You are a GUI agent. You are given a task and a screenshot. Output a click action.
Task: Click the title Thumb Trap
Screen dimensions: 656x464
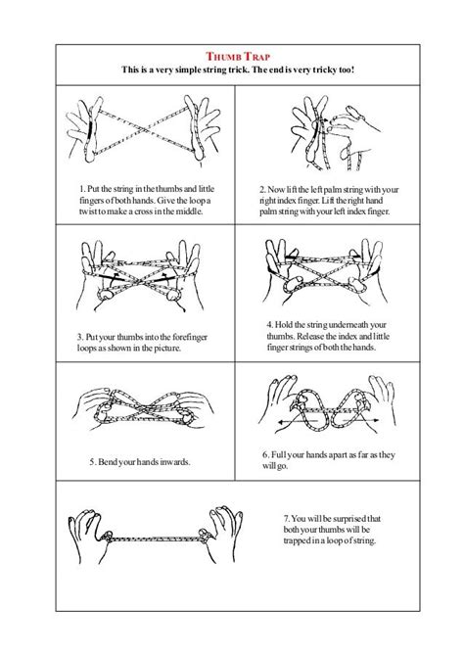click(x=232, y=56)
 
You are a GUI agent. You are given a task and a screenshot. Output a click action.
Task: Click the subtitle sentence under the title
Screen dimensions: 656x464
click(x=232, y=71)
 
